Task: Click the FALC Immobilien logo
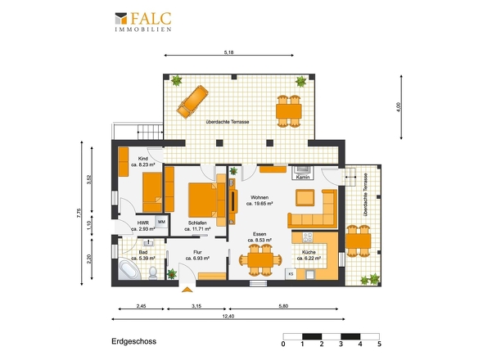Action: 143,21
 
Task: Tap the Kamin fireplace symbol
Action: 303,173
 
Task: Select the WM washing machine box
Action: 161,222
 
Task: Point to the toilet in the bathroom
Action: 153,272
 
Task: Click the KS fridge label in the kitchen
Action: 291,274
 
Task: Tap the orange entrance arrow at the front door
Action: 187,290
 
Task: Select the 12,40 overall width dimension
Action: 228,317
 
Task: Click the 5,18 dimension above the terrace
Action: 228,52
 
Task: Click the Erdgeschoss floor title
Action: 134,341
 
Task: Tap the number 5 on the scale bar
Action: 379,344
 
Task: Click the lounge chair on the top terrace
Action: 192,101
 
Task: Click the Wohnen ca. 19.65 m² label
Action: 260,200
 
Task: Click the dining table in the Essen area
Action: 260,260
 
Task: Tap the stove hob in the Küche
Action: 308,237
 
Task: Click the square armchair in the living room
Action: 305,197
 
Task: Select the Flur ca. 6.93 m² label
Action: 197,255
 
